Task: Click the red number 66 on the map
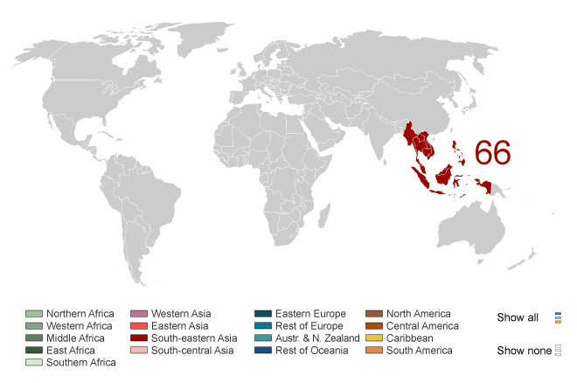(x=492, y=152)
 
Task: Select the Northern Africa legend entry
(x=80, y=314)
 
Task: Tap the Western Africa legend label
(x=80, y=326)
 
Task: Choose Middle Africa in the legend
(x=75, y=338)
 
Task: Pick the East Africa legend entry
(x=71, y=351)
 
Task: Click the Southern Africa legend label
(x=80, y=363)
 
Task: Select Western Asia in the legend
(x=181, y=314)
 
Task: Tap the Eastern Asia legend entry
(x=180, y=326)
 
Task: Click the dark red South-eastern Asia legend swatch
(x=138, y=338)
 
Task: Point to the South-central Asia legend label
(x=191, y=351)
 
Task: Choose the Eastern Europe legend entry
(x=310, y=314)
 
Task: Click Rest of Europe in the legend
(x=310, y=326)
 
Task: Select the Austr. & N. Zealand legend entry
(x=317, y=338)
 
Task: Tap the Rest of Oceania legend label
(x=312, y=351)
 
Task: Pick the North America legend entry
(x=418, y=314)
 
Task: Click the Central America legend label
(x=422, y=326)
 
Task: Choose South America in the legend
(x=420, y=351)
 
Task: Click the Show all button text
(x=518, y=317)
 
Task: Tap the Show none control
(x=522, y=351)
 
